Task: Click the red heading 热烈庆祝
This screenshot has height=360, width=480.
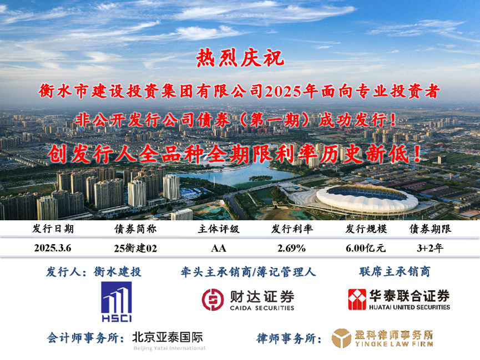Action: coord(240,58)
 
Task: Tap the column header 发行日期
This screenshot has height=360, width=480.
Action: coord(53,229)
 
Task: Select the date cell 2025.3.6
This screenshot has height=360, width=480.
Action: coord(53,248)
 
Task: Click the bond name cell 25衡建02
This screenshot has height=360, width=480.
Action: coord(135,248)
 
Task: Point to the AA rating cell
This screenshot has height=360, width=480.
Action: coord(219,249)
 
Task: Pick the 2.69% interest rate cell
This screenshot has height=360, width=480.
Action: coord(291,249)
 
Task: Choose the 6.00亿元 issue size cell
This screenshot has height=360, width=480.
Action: coord(366,249)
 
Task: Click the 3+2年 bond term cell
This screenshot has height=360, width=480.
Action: coord(430,248)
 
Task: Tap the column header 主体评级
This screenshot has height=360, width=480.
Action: coord(219,229)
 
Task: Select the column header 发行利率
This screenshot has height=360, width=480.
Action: coord(292,229)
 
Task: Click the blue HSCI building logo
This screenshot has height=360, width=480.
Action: coord(117,302)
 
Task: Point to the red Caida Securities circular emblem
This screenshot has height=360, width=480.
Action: coord(213,300)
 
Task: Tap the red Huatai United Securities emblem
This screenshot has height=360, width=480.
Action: coord(357,299)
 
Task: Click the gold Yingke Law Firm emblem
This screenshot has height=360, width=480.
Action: coord(341,338)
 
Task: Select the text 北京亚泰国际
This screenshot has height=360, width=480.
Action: coord(168,337)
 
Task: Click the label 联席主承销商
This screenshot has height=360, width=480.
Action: coord(395,272)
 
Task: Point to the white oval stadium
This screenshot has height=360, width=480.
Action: coord(367,199)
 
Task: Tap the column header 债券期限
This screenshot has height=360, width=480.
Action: coord(430,229)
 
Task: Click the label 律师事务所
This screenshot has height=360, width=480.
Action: coord(289,338)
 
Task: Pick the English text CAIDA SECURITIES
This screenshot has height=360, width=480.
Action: coord(262,308)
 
